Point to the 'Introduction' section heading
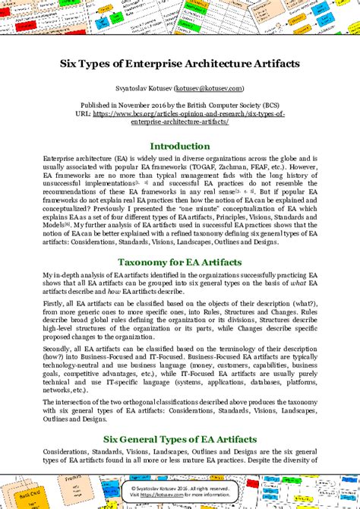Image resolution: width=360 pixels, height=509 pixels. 180,146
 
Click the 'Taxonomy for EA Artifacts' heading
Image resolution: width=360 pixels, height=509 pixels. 180,261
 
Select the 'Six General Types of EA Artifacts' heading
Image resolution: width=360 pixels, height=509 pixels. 180,438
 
